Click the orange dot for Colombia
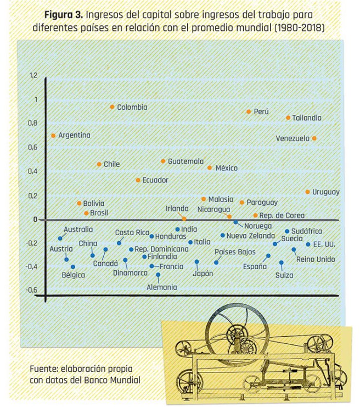click(112, 107)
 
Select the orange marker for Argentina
click(53, 135)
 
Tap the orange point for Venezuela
click(314, 138)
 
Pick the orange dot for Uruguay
click(308, 192)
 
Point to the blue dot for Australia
click(60, 238)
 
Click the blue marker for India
click(177, 230)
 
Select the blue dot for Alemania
click(158, 275)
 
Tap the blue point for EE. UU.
click(308, 244)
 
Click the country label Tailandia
click(307, 118)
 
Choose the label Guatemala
click(185, 161)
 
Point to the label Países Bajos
click(235, 252)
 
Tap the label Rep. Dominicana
click(162, 249)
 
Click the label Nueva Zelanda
click(250, 236)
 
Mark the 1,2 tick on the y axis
click(34, 76)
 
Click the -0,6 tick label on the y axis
click(32, 289)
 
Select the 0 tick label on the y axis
click(35, 219)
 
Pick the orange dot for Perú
click(249, 111)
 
